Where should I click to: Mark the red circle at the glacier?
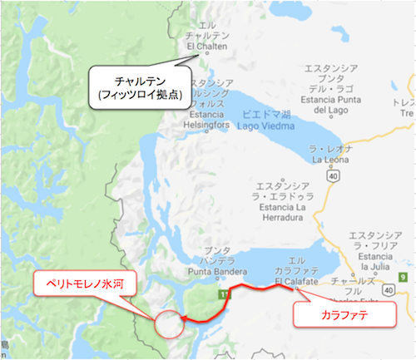coord(169,323)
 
